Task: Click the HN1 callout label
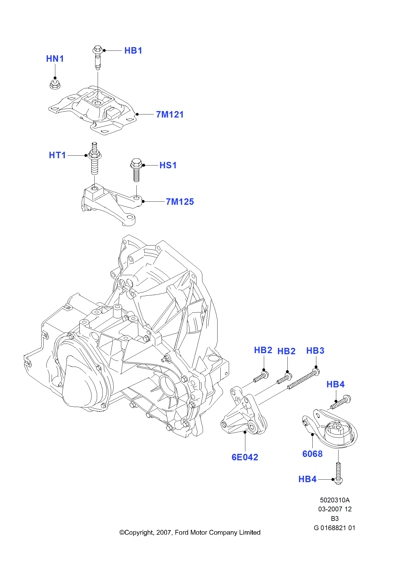(x=55, y=59)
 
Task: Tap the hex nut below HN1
(x=55, y=84)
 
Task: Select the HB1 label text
(x=133, y=50)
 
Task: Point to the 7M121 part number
(x=170, y=114)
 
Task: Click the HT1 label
(x=57, y=155)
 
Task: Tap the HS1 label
(x=168, y=165)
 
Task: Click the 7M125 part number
(x=180, y=202)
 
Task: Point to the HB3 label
(x=315, y=351)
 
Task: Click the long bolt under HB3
(x=303, y=380)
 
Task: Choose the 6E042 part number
(x=245, y=457)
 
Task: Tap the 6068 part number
(x=312, y=454)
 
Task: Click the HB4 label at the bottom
(x=307, y=479)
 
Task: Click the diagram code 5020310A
(x=335, y=500)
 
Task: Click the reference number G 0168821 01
(x=335, y=528)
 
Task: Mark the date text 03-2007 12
(x=335, y=509)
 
